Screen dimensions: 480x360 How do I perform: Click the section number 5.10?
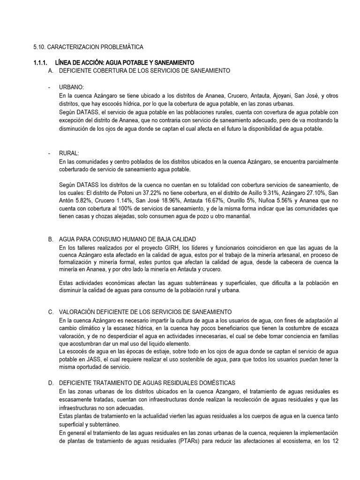click(39, 47)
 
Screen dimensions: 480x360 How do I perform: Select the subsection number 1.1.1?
click(41, 63)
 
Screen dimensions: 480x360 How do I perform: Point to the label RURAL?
click(69, 153)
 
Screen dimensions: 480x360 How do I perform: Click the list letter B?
click(51, 239)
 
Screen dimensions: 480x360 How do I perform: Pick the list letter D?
click(51, 383)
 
